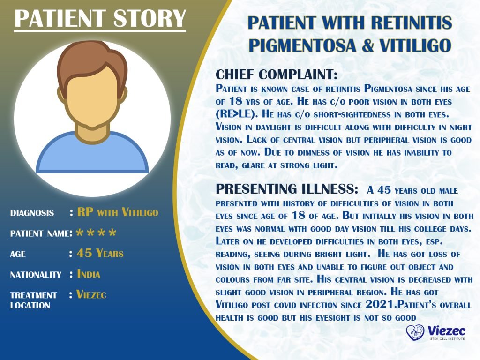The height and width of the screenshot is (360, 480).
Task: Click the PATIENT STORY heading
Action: click(x=100, y=19)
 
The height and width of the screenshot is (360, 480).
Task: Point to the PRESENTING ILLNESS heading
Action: click(x=287, y=189)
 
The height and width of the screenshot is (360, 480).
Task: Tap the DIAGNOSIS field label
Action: click(x=32, y=213)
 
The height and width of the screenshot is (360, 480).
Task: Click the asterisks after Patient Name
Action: click(x=96, y=233)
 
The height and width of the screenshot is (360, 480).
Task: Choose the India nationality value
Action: click(x=89, y=274)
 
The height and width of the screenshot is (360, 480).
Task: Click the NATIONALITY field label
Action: click(x=36, y=275)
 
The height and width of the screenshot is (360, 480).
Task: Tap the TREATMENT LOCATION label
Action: click(x=33, y=300)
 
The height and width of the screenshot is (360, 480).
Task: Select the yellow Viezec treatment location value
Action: click(x=91, y=295)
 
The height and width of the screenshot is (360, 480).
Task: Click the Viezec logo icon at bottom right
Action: click(x=415, y=333)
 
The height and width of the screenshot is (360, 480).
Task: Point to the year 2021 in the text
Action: click(x=381, y=304)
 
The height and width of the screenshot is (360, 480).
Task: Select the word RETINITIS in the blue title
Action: click(x=407, y=22)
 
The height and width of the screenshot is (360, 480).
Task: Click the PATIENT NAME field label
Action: click(x=40, y=233)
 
